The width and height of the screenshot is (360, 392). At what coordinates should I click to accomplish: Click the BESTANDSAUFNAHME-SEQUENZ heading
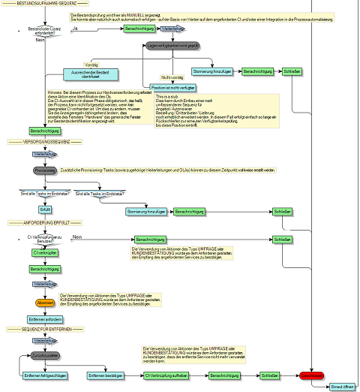pos(41,5)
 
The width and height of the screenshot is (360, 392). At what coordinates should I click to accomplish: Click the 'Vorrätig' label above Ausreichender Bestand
pos(91,65)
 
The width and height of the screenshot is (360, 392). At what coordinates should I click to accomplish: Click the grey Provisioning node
pos(45,170)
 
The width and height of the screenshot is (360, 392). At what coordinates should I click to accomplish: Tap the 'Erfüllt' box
pos(45,209)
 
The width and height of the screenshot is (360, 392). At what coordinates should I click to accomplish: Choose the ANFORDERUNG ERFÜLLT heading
pos(40,223)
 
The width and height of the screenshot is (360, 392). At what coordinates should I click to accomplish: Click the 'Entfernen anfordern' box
pos(45,319)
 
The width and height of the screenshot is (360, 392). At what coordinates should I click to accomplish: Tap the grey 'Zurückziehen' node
pos(46,354)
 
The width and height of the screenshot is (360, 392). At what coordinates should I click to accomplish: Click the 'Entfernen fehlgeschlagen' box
pos(46,375)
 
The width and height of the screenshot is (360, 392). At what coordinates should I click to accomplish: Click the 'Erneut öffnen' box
pos(342,387)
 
